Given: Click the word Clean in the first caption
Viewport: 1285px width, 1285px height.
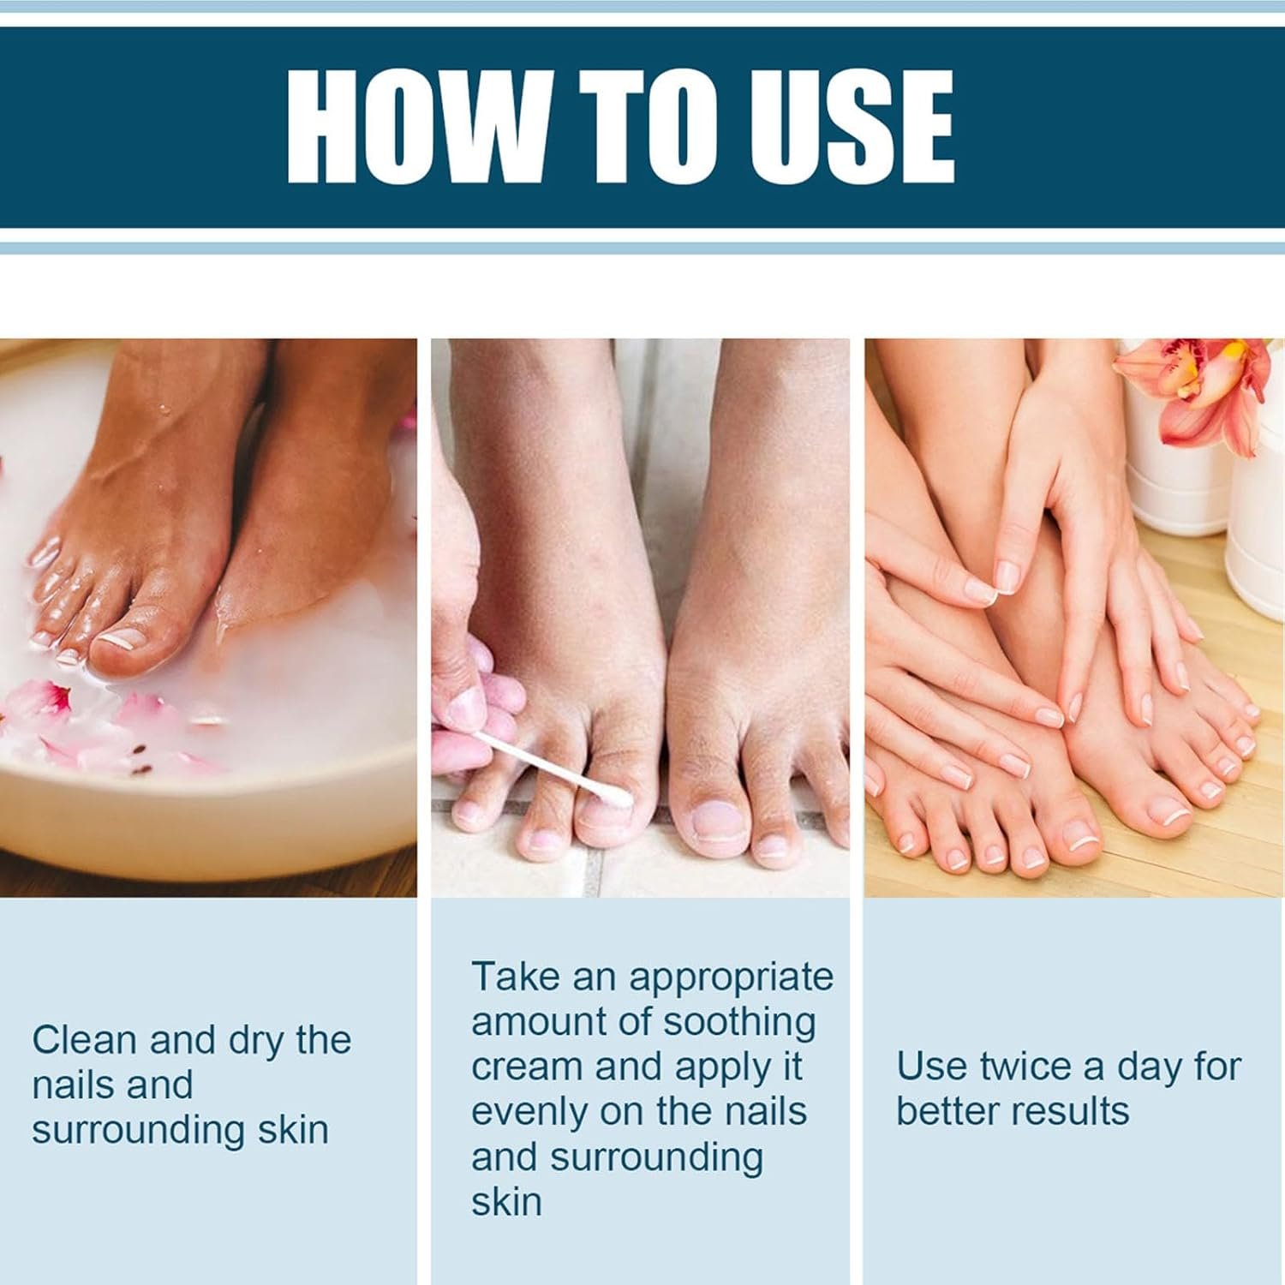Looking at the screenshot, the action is coord(84,1040).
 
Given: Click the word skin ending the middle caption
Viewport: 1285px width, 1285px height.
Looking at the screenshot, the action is coord(506,1203).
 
